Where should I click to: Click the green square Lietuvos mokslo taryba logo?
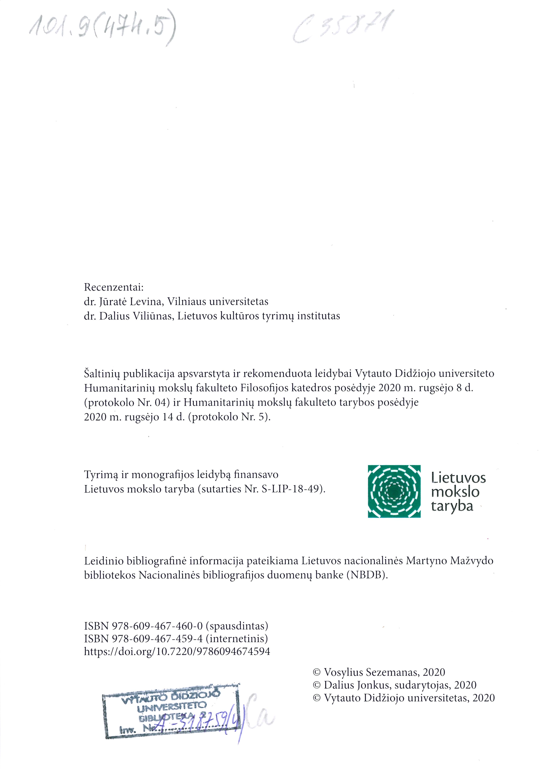pos(394,491)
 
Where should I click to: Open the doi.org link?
pos(177,651)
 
